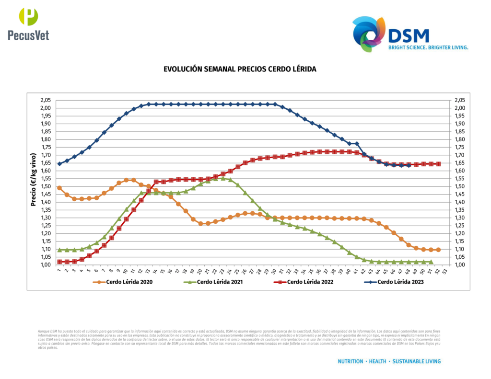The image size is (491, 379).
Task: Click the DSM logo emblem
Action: (369, 33)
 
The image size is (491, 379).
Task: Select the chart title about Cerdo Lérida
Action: (240, 69)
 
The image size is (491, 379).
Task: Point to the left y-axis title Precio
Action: (34, 183)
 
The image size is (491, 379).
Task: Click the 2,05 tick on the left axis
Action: (46, 100)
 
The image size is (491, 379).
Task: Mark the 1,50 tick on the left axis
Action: (46, 186)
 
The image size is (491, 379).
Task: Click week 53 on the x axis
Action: (446, 271)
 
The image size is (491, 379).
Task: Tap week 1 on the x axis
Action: (59, 271)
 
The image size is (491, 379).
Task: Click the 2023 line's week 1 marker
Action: (59, 164)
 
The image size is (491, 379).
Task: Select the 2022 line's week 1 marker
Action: (59, 262)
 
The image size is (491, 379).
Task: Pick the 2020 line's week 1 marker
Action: (59, 188)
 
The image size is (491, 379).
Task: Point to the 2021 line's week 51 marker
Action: (431, 262)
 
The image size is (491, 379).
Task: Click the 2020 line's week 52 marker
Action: (438, 250)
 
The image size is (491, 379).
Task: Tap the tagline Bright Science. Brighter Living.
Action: (428, 48)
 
